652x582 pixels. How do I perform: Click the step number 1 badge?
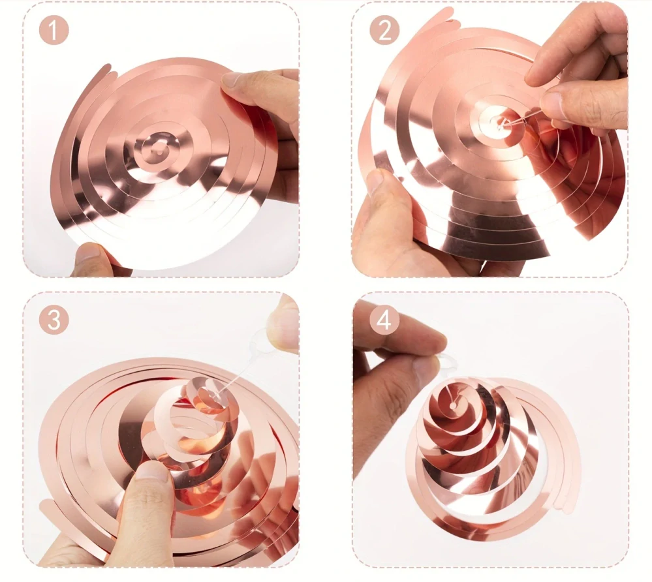tap(54, 30)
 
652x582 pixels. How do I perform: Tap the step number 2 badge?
tap(384, 30)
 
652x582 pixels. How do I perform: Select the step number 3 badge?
tap(54, 320)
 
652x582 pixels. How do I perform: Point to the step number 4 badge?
tap(384, 320)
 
